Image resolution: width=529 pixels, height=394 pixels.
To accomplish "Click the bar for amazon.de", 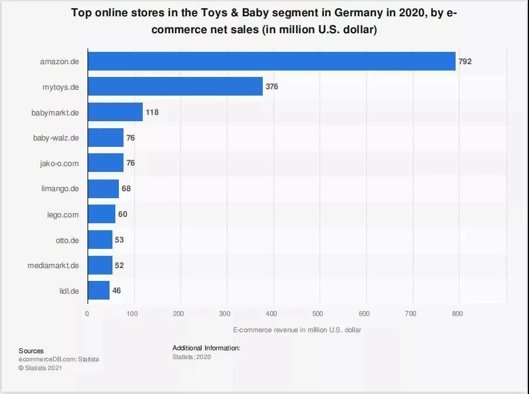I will tap(271, 61).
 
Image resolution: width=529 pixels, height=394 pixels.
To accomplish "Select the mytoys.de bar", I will tap(175, 87).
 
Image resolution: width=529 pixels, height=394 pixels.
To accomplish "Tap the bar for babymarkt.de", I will tap(115, 112).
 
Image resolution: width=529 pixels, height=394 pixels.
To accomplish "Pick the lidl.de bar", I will tap(98, 290).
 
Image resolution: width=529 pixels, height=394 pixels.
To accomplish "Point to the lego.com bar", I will tap(101, 214).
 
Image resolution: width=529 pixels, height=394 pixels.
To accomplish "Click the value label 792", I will tap(465, 61).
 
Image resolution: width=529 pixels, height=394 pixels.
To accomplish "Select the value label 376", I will tap(272, 87).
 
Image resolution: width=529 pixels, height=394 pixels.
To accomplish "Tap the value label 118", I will tap(152, 112).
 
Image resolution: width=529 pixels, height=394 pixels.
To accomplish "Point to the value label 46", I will tap(117, 290).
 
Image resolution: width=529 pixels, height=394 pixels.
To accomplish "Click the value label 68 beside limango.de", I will tap(126, 188).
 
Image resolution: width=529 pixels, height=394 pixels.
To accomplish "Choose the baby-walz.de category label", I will tap(56, 138).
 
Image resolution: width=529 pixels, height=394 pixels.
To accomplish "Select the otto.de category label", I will tap(68, 240).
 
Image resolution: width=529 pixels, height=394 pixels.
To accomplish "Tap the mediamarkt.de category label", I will tap(53, 265).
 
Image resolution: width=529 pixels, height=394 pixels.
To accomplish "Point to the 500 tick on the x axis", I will tap(318, 314).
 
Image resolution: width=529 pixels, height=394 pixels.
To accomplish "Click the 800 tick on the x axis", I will tap(457, 314).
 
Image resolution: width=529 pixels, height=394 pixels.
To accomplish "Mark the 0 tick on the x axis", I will tap(87, 314).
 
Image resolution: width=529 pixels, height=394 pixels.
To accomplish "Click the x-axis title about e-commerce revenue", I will tap(297, 330).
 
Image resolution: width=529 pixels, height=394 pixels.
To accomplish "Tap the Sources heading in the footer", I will tap(31, 351).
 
